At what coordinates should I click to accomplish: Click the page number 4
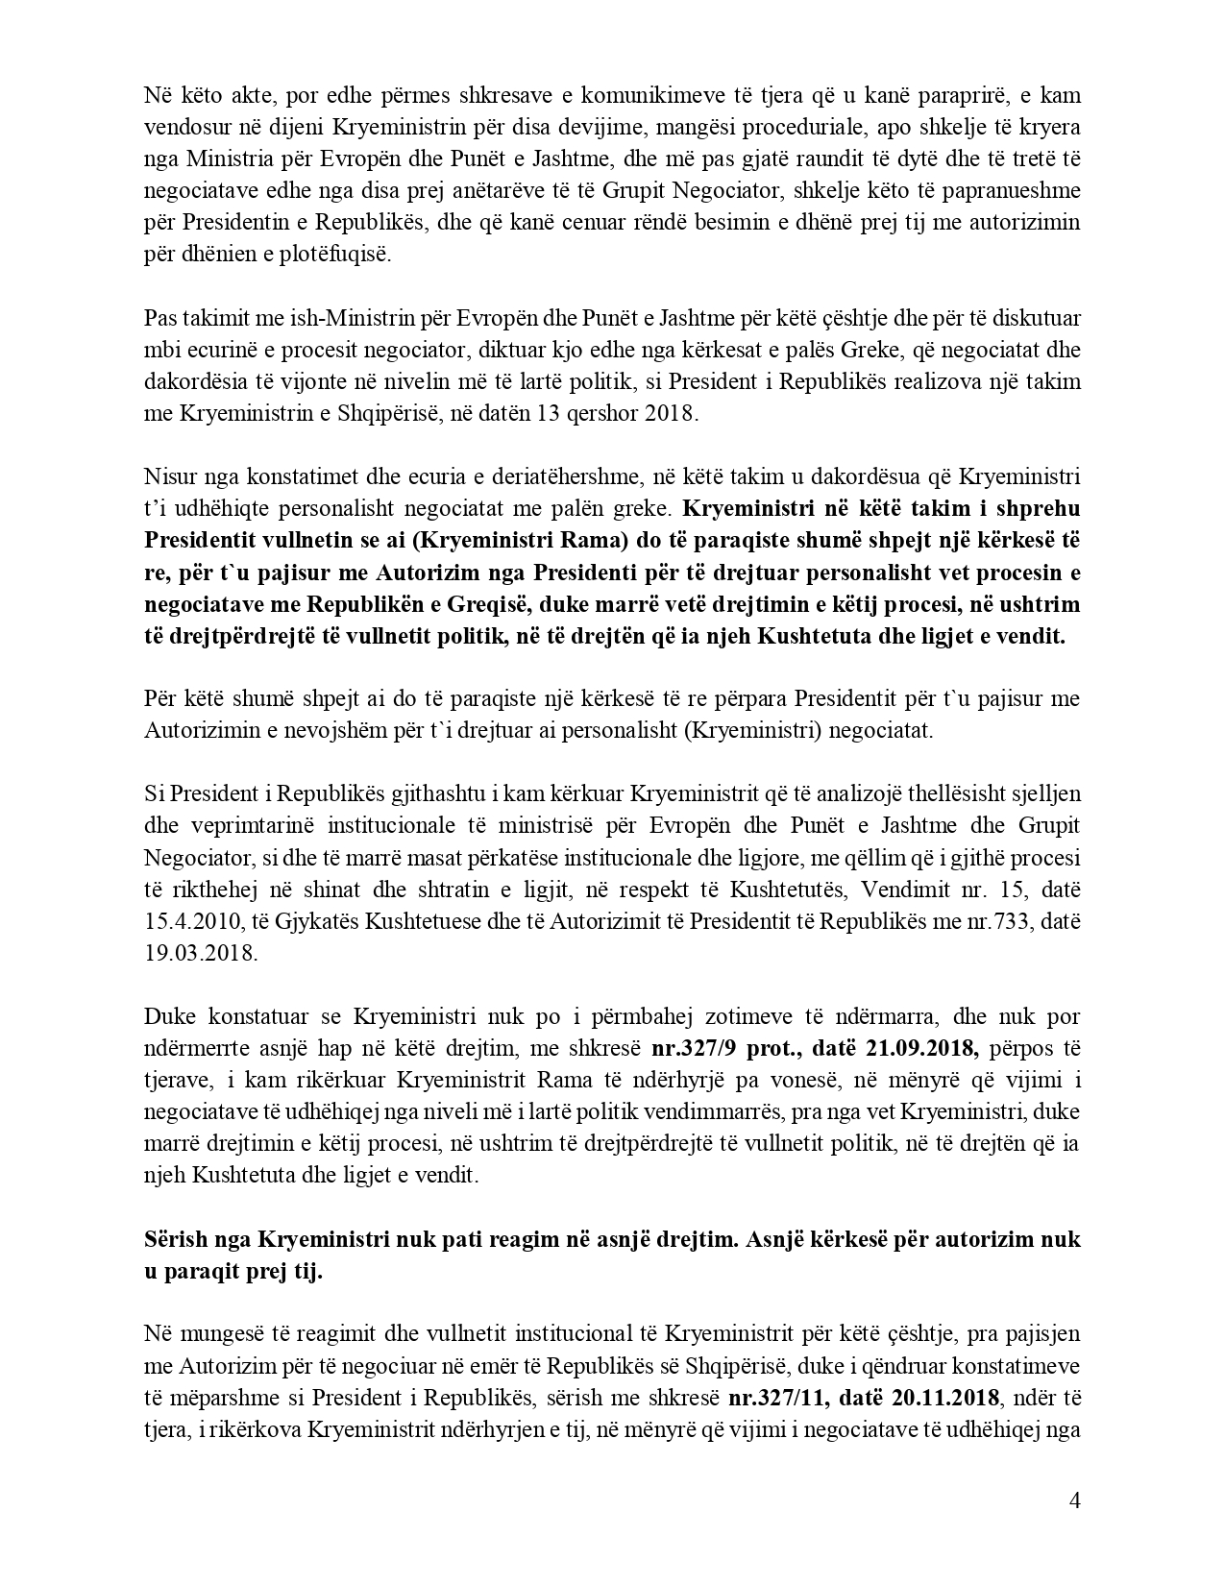click(1074, 1501)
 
